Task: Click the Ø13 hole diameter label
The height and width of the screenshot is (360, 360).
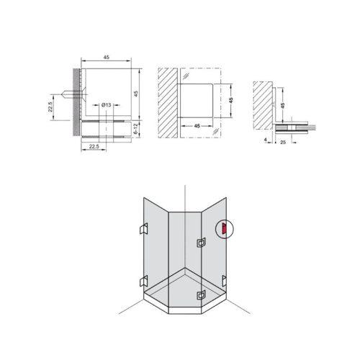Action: point(106,105)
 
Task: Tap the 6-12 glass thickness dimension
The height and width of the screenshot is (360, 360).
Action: point(135,129)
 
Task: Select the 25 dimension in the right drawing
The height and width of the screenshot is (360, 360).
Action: point(283,142)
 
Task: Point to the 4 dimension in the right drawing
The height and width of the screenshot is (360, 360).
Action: point(265,140)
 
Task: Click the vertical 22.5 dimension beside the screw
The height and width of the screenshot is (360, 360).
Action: point(50,107)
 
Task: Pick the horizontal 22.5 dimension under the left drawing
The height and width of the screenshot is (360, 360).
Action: point(94,146)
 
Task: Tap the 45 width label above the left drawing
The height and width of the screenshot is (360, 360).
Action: point(107,57)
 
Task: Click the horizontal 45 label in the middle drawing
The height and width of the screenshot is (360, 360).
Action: point(197,126)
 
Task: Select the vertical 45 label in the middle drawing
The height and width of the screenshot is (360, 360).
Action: point(231,100)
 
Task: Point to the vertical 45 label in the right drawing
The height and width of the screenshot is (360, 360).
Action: point(283,105)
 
